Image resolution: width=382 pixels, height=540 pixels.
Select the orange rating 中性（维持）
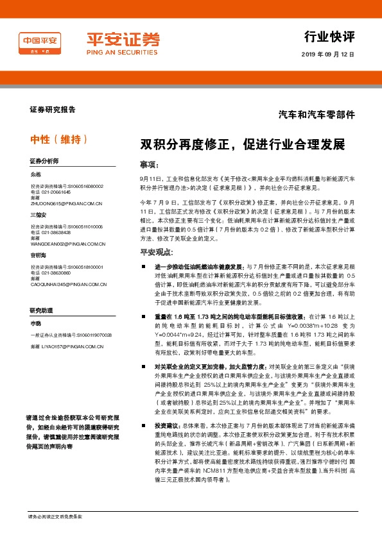(58, 139)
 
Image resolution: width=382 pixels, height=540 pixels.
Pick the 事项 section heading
(149, 164)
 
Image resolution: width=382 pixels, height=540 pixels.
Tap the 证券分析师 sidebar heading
(44, 160)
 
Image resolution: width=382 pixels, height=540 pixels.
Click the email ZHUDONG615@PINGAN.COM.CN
(67, 203)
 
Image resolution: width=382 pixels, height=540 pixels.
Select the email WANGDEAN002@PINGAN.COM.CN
(68, 244)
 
